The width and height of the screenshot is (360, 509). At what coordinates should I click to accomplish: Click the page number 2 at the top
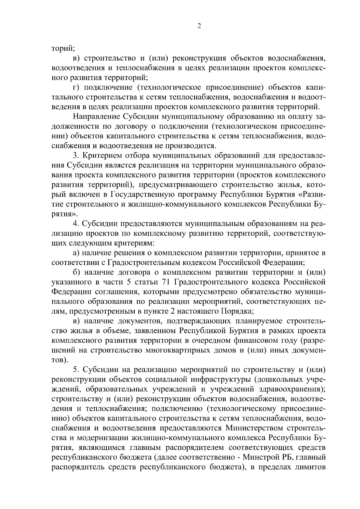pyautogui.click(x=199, y=26)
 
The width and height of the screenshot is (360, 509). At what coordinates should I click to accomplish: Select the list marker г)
pyautogui.click(x=77, y=87)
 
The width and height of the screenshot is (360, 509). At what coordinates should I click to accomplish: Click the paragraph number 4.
pyautogui.click(x=75, y=223)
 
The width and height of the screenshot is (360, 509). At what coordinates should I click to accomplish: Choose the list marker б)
pyautogui.click(x=77, y=272)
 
